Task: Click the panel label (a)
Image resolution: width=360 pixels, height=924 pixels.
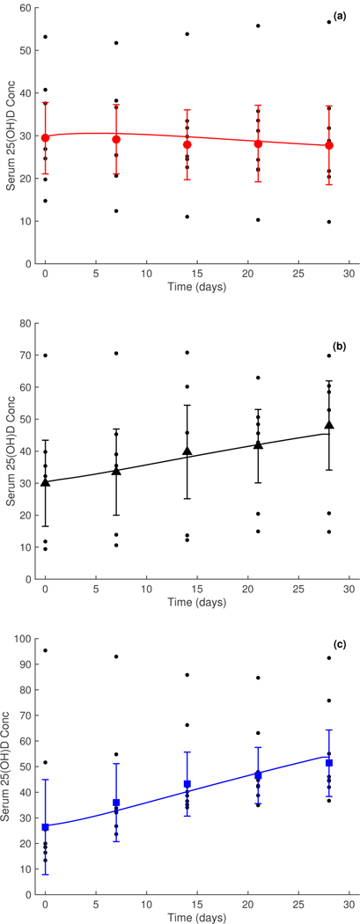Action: point(339,16)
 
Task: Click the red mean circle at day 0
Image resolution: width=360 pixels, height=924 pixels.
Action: point(45,137)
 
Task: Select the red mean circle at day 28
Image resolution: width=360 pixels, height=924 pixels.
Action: point(329,145)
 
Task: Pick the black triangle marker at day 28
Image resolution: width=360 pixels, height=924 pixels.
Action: point(329,425)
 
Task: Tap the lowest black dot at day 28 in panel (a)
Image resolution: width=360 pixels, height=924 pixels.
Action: point(329,222)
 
